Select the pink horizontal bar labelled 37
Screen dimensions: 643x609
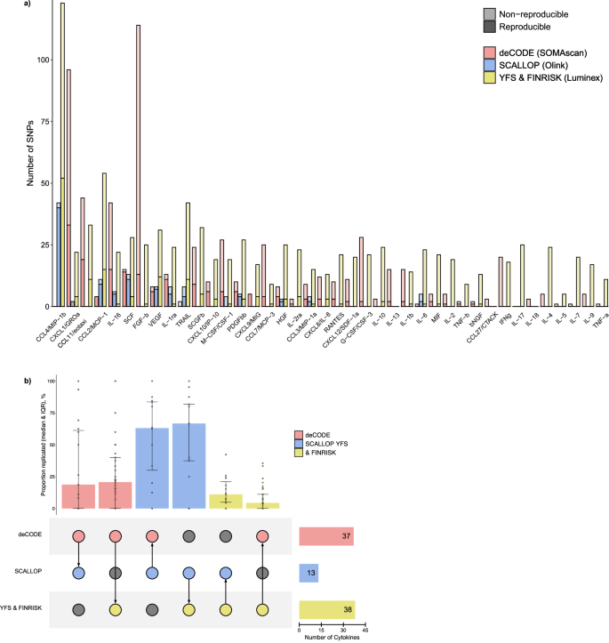325,536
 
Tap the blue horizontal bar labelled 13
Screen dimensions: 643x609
308,573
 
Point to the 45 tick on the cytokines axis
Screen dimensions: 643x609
365,628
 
